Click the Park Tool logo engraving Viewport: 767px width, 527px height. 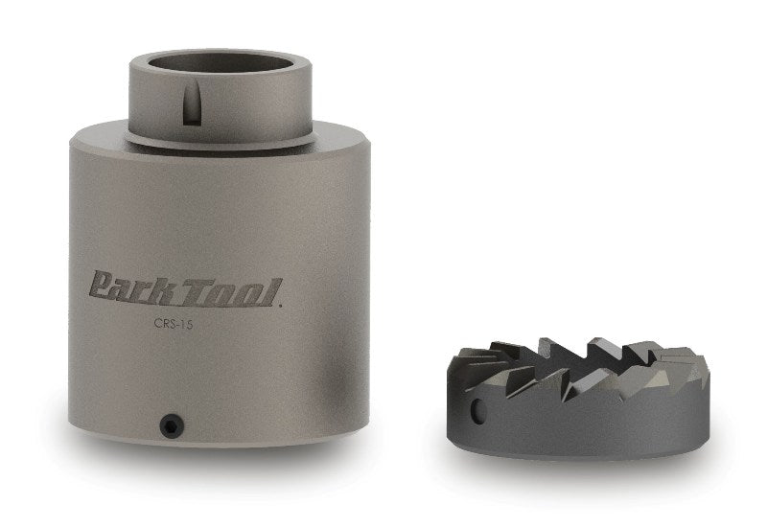tap(185, 289)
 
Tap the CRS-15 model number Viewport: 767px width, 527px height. tap(174, 324)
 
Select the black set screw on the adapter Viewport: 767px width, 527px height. tap(173, 424)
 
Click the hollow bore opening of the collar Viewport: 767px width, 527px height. tap(221, 62)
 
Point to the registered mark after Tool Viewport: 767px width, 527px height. tap(280, 306)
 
